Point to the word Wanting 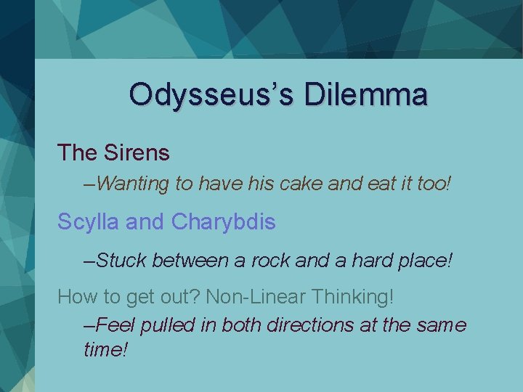point(132,184)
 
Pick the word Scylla point(89,221)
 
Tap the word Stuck point(122,259)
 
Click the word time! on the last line point(106,349)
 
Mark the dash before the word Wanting point(89,184)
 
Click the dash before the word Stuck point(89,260)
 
